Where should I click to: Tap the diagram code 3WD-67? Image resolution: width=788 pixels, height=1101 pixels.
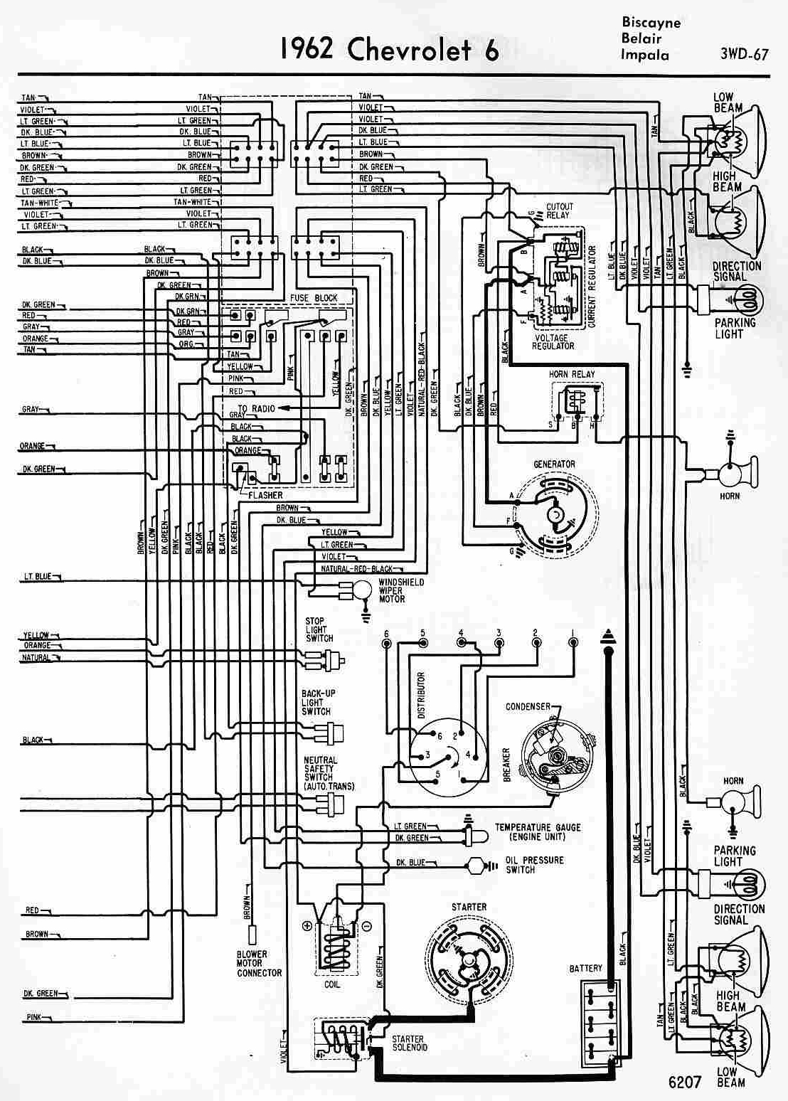pos(744,54)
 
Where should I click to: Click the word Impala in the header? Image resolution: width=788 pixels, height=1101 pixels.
pos(644,54)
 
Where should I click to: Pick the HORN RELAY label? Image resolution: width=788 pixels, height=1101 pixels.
pos(571,374)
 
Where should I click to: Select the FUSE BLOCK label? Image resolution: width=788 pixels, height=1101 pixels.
pos(314,298)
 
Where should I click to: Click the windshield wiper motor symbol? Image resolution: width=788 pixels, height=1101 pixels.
pos(360,588)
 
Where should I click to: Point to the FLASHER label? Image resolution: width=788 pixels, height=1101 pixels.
pos(265,495)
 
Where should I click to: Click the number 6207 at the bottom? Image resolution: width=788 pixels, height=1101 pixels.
pos(685,1082)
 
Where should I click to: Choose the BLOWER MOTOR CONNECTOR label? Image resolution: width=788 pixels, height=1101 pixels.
pos(259,963)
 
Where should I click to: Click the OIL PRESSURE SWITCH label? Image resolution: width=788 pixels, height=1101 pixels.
pos(534,864)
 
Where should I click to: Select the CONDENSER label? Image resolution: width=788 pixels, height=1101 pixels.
pos(528,706)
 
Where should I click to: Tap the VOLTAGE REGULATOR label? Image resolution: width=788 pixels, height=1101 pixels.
pos(553,341)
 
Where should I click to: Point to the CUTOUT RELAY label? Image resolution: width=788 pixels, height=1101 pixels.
pos(559,211)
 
